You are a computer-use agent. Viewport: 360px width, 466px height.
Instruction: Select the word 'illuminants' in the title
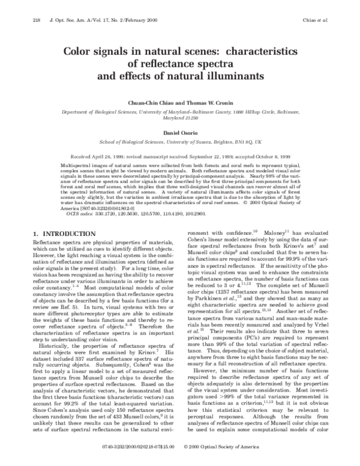233,76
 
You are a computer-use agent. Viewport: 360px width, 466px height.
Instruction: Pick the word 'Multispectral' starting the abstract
77,164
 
